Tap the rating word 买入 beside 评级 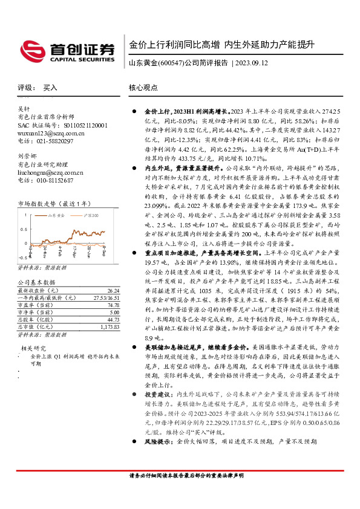[50, 88]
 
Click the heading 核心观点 [143, 88]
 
